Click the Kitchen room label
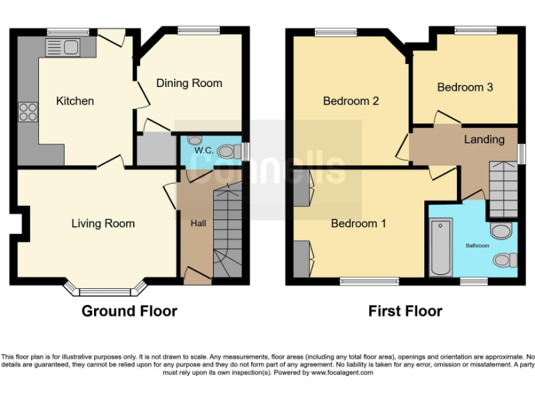click(75, 101)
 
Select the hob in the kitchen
click(28, 112)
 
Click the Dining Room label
click(189, 83)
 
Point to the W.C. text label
click(203, 150)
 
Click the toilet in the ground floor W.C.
click(226, 151)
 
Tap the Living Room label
click(103, 223)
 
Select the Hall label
click(198, 224)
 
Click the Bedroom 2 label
click(350, 101)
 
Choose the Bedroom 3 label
click(465, 87)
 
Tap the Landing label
click(484, 139)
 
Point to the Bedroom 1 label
click(358, 223)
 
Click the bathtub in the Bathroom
click(441, 247)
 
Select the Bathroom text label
click(477, 246)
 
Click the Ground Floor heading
click(130, 311)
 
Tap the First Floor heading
click(405, 311)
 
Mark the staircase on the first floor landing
click(503, 188)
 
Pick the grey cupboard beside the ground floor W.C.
click(157, 149)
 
